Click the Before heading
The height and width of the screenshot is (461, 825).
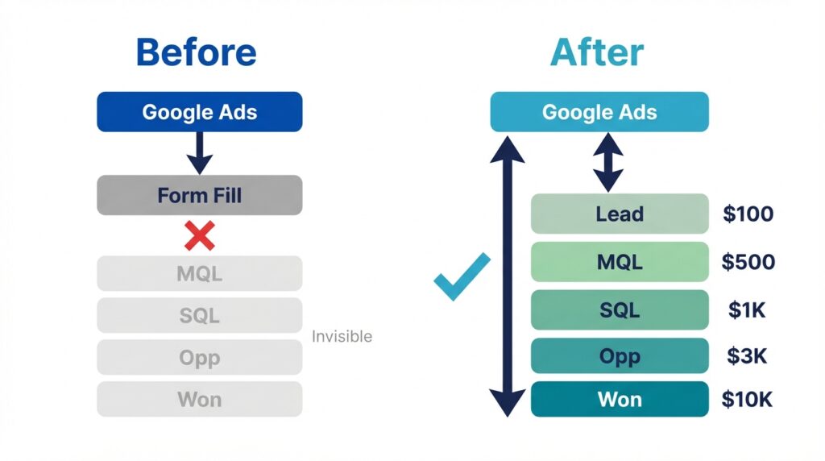point(197,52)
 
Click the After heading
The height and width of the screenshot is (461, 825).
point(597,52)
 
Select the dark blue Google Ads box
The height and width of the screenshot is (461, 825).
point(200,111)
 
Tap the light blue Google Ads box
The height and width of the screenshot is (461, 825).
point(599,111)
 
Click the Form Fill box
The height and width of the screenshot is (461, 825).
point(200,195)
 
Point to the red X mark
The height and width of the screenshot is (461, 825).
point(200,235)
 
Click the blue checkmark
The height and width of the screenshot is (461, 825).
point(462,276)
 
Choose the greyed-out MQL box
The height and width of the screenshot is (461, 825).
point(200,273)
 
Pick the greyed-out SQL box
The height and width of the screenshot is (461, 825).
point(200,315)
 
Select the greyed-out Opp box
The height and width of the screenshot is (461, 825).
point(200,357)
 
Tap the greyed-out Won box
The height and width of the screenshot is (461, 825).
point(200,400)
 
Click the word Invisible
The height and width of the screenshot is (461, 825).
point(342,336)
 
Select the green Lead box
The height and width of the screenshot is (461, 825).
point(620,214)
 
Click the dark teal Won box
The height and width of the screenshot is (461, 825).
point(620,400)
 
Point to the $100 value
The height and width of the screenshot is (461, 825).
point(748,214)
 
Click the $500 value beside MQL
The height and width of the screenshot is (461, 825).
point(748,262)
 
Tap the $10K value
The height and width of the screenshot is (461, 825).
point(747,400)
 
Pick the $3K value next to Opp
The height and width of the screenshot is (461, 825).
point(747,356)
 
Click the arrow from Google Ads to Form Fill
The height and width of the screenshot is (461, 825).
point(200,153)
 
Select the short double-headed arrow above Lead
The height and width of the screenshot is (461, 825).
point(608,162)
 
